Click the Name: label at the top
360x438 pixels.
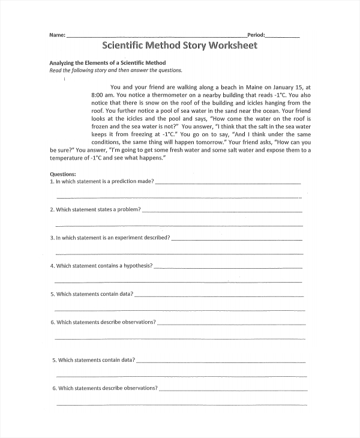[57, 35]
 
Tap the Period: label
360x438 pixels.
[256, 35]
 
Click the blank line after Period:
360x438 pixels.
[282, 37]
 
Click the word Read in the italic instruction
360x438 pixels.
[55, 70]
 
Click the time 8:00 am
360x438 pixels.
[102, 95]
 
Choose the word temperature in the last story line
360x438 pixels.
[68, 158]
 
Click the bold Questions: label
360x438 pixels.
[62, 173]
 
